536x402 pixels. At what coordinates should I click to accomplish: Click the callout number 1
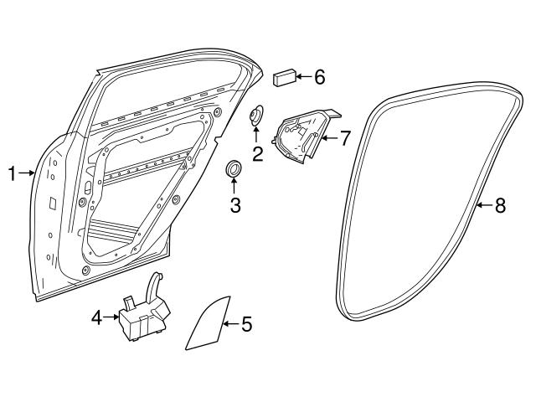pos(13,174)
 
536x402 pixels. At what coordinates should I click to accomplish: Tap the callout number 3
pos(235,204)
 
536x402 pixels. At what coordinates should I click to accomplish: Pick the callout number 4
pos(96,317)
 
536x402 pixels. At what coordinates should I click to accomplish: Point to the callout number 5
pos(246,322)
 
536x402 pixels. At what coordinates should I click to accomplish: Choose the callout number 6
pos(319,78)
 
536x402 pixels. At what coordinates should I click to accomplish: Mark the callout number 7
pos(344,137)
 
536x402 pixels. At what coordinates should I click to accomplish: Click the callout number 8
pos(500,206)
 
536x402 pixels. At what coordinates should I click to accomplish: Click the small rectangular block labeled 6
pos(283,78)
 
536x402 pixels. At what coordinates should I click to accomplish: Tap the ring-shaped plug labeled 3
pos(235,171)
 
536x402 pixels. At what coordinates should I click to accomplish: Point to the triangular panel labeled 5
pos(207,323)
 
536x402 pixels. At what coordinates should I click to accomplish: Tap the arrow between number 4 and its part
pos(111,317)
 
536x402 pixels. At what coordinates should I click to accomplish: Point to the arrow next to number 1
pos(28,174)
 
